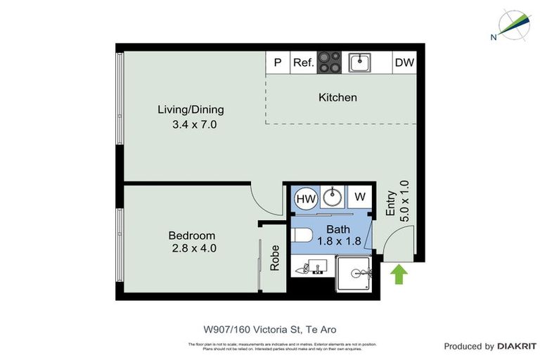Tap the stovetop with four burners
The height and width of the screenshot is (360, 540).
[x=330, y=62]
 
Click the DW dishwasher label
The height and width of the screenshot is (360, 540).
[x=404, y=63]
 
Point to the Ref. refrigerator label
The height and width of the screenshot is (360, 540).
[x=303, y=63]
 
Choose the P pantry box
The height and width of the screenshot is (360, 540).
[x=278, y=63]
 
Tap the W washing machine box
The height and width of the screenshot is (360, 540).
[x=359, y=197]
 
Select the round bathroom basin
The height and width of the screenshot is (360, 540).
[x=333, y=197]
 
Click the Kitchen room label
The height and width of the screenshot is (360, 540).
[x=337, y=98]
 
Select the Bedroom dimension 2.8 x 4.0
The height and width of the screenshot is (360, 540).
[x=193, y=248]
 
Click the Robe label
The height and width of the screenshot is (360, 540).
[x=275, y=258]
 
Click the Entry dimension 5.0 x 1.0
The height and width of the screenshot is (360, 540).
[x=404, y=206]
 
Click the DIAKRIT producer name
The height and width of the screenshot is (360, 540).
[x=517, y=346]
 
